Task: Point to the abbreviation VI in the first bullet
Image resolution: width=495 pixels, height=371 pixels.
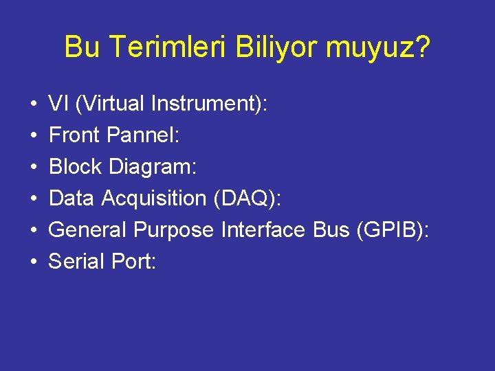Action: tap(58, 104)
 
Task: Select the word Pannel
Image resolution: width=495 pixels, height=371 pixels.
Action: tap(144, 135)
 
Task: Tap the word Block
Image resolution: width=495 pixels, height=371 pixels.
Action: tap(74, 167)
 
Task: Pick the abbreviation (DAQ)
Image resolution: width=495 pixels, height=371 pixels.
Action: tap(248, 199)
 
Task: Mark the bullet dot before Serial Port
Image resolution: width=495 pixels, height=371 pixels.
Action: tap(34, 262)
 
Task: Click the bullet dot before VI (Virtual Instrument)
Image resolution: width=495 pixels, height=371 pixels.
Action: tap(34, 104)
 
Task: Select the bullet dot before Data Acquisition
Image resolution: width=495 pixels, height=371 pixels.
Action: tap(34, 199)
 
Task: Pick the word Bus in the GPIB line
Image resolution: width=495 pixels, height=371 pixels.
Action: tap(331, 230)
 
